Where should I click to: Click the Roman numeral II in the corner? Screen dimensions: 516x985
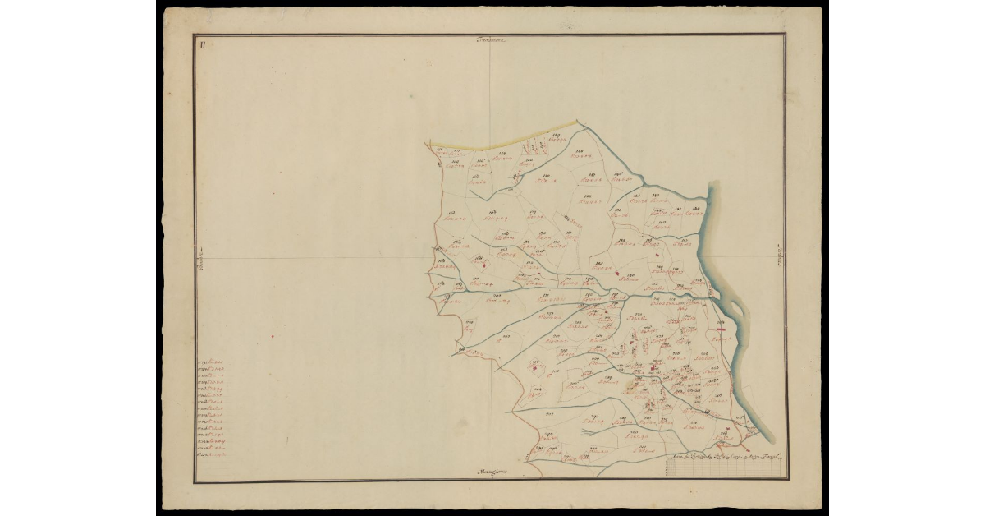click(200, 44)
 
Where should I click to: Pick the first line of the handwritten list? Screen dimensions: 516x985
click(212, 362)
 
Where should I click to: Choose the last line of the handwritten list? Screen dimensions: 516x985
click(212, 453)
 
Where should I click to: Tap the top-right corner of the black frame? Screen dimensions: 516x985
click(785, 35)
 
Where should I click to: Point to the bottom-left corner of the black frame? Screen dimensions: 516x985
click(195, 481)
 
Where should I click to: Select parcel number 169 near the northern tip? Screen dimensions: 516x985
click(556, 135)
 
